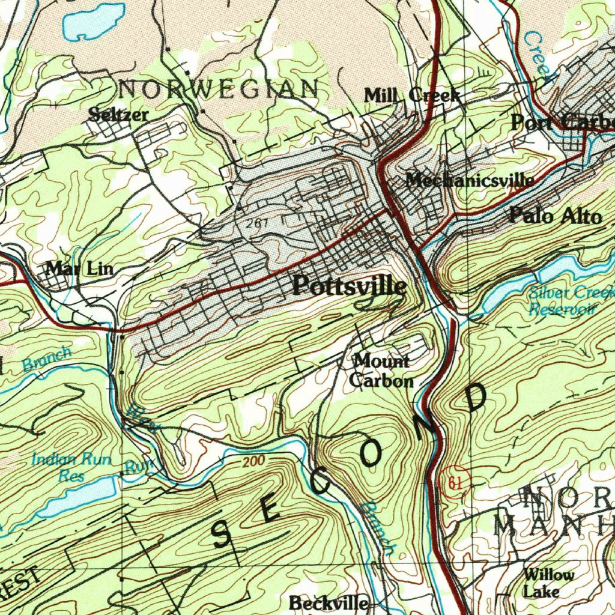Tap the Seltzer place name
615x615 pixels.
(x=118, y=114)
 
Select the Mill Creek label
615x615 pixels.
(x=412, y=95)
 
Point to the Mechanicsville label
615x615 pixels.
(x=469, y=180)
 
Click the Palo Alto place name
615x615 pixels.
(x=555, y=216)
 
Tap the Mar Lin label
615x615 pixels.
(x=79, y=268)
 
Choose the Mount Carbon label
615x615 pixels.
(x=381, y=371)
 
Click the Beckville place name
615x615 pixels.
(x=329, y=602)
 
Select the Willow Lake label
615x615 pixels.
(x=547, y=583)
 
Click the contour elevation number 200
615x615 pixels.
(x=254, y=462)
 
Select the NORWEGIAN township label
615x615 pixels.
(x=219, y=90)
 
